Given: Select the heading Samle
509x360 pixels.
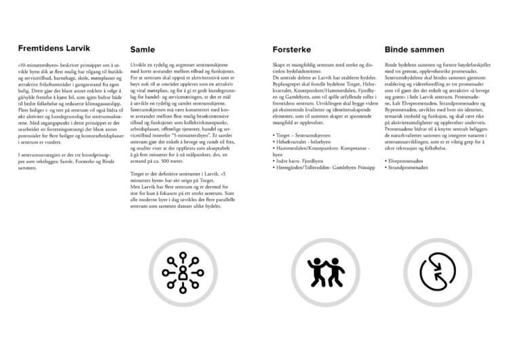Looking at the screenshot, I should click(x=143, y=50).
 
